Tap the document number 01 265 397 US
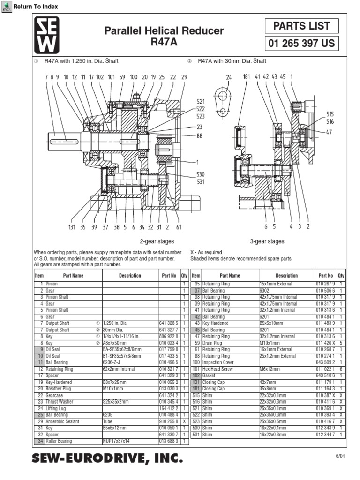(x=301, y=44)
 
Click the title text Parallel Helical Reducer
(x=164, y=31)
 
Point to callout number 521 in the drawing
(x=201, y=101)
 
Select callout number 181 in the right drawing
(x=247, y=76)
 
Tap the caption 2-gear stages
(x=157, y=241)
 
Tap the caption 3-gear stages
(x=267, y=241)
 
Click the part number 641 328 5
(x=169, y=323)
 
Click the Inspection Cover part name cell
(x=218, y=362)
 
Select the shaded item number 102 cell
(x=196, y=375)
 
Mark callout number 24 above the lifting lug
(x=229, y=77)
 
